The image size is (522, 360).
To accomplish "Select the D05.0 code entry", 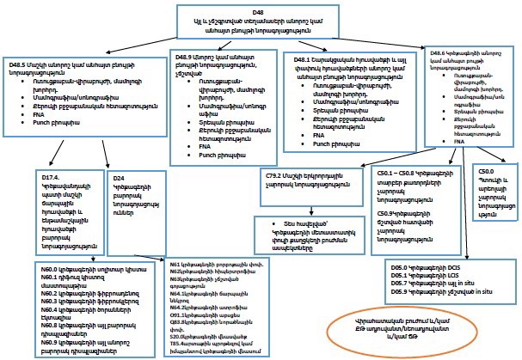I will (x=391, y=266).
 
